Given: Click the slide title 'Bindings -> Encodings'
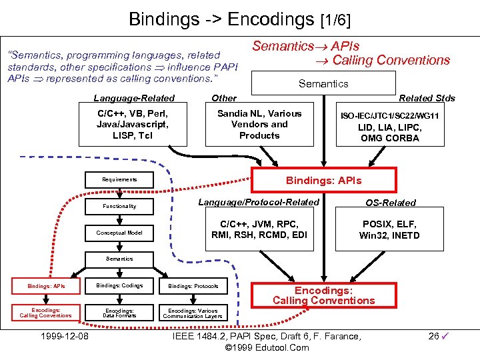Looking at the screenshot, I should tap(222, 18).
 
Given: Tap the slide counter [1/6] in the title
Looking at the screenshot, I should tap(335, 19).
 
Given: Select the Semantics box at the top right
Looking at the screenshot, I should tap(323, 84).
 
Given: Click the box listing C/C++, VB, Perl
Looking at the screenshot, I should tap(132, 125).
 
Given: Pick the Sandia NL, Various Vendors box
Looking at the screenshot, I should tap(259, 125).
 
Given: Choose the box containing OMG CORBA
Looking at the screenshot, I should tap(389, 127).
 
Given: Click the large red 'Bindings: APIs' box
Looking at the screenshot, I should tap(323, 181).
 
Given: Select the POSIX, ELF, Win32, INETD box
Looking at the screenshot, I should tap(391, 230).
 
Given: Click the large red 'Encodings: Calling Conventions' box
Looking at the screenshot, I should tap(323, 295).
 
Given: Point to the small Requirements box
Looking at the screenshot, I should tap(120, 179).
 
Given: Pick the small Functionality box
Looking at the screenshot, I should tap(120, 206).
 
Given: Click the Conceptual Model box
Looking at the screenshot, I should tap(120, 233).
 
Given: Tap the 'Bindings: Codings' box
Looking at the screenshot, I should tap(120, 286).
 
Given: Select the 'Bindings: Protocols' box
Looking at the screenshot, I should tap(193, 286).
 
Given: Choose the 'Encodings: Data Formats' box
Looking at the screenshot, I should tap(120, 313).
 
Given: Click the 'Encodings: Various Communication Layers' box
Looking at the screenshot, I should tap(193, 313).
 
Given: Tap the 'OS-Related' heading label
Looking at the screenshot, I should tap(390, 203).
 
